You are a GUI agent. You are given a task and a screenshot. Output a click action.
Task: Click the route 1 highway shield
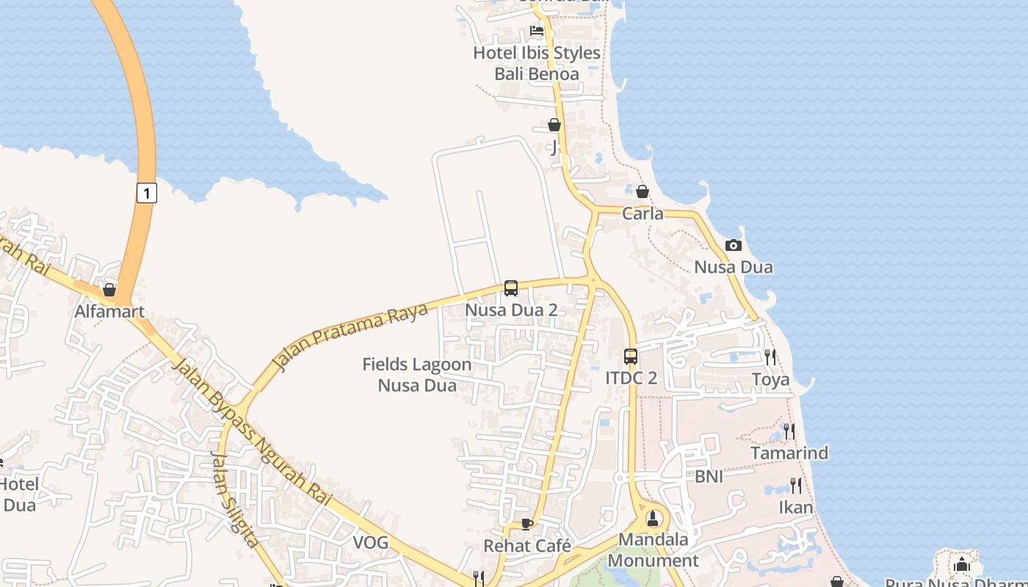point(147,193)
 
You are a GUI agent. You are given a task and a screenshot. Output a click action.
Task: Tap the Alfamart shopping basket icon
point(109,291)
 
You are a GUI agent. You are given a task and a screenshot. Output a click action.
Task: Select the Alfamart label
point(109,312)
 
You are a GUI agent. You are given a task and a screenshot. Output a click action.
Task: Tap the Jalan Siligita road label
point(234,499)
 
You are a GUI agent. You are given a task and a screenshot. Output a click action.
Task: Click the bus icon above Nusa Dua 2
point(511,288)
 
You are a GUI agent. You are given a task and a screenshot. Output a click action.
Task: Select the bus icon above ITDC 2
point(631,357)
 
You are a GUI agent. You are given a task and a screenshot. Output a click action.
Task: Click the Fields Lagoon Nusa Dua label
point(417,375)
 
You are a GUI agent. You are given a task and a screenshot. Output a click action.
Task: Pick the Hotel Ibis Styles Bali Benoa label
point(537,63)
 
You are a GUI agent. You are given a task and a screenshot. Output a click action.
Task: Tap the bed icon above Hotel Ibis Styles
point(537,32)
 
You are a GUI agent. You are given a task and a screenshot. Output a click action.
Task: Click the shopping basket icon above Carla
point(642,192)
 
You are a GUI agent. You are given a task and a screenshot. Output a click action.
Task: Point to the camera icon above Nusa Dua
point(734,246)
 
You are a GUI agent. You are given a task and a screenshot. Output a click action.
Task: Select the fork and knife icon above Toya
point(770,357)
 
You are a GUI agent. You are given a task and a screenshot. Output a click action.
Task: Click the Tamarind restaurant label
point(789,453)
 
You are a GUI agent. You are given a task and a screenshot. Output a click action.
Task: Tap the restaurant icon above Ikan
point(795,485)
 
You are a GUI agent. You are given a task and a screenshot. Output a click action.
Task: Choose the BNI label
point(709,477)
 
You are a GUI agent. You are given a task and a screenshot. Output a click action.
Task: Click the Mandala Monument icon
point(653,519)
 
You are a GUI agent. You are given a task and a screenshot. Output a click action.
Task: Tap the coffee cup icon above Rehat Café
point(526,524)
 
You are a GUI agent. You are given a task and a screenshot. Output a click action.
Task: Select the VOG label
point(371,543)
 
